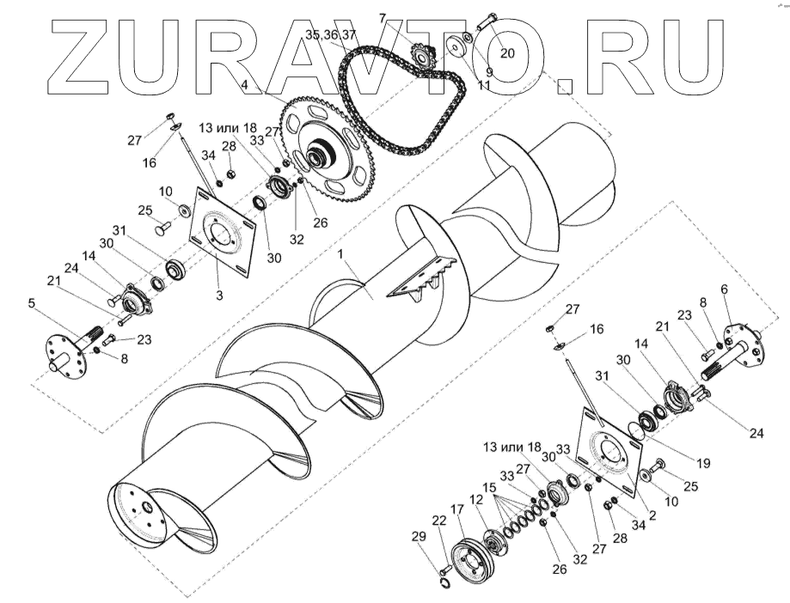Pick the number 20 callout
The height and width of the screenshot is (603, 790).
507,52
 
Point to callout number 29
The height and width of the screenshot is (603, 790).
418,537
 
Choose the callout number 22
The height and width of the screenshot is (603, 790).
438,521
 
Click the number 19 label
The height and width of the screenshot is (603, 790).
703,463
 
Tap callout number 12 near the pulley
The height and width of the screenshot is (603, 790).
476,499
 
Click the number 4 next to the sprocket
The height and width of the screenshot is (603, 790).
245,84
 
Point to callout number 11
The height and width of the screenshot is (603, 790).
483,87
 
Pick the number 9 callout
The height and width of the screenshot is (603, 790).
488,72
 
